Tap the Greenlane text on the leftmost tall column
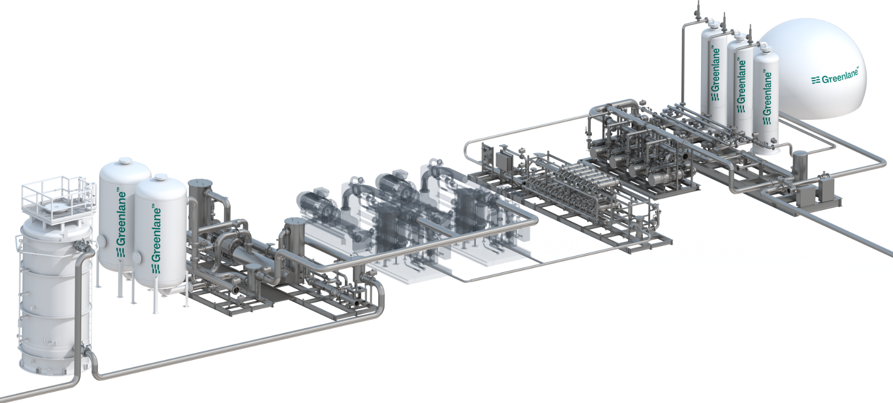[716, 75]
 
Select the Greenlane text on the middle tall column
[741, 86]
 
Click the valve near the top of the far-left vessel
[81, 246]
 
